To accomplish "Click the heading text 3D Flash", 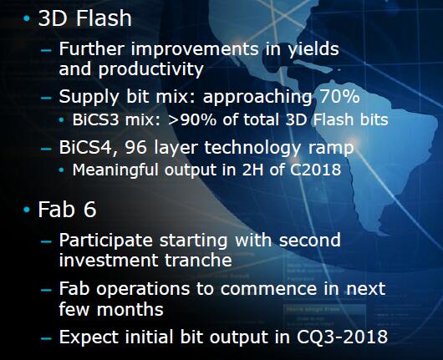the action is coord(84,18).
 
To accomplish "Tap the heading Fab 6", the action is coord(67,210).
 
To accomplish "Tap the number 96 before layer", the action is coord(136,147).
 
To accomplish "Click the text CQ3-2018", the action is coord(342,337).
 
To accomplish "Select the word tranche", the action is coord(198,260).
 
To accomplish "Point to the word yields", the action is coord(313,49).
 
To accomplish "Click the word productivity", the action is coord(150,69).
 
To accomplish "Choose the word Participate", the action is coord(106,241).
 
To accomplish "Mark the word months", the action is coord(130,309).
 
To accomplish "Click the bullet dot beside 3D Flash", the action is coord(27,18).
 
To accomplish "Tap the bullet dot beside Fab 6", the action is coord(27,210).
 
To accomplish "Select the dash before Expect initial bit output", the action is coord(46,338).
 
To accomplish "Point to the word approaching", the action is coord(257,97).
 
